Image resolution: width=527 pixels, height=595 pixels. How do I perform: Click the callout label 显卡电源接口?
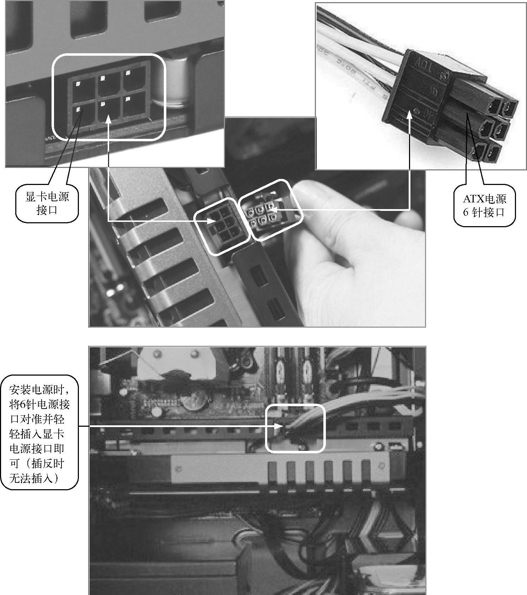(x=47, y=203)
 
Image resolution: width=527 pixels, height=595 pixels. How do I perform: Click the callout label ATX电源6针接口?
(x=484, y=205)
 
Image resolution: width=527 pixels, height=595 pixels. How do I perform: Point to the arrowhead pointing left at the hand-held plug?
(x=274, y=210)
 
